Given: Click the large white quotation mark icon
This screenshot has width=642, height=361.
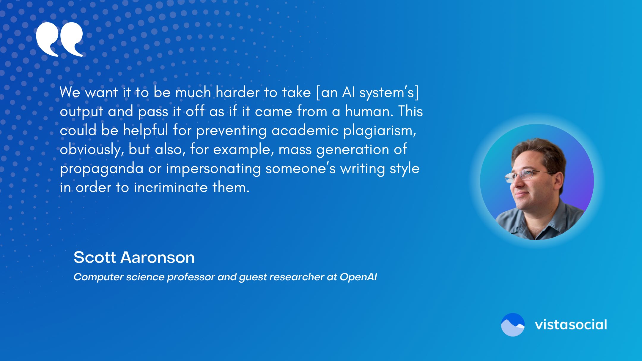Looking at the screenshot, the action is pyautogui.click(x=59, y=39).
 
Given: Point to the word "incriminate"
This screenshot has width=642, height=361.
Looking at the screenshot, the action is pyautogui.click(x=171, y=187).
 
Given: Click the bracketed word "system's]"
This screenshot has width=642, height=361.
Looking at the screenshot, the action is pyautogui.click(x=389, y=92).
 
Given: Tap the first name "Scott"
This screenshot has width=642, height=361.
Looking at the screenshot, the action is pyautogui.click(x=95, y=257).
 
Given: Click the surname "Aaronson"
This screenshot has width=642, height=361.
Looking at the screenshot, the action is pyautogui.click(x=158, y=257).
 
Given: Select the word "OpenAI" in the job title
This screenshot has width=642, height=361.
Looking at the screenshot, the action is pyautogui.click(x=358, y=277).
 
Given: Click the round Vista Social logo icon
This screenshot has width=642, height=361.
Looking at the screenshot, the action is pyautogui.click(x=513, y=324).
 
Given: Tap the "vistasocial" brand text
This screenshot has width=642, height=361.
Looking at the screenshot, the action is pyautogui.click(x=571, y=324).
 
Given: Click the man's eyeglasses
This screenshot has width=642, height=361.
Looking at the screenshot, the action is pyautogui.click(x=528, y=175).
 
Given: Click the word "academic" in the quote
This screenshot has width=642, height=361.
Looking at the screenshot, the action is pyautogui.click(x=305, y=131).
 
